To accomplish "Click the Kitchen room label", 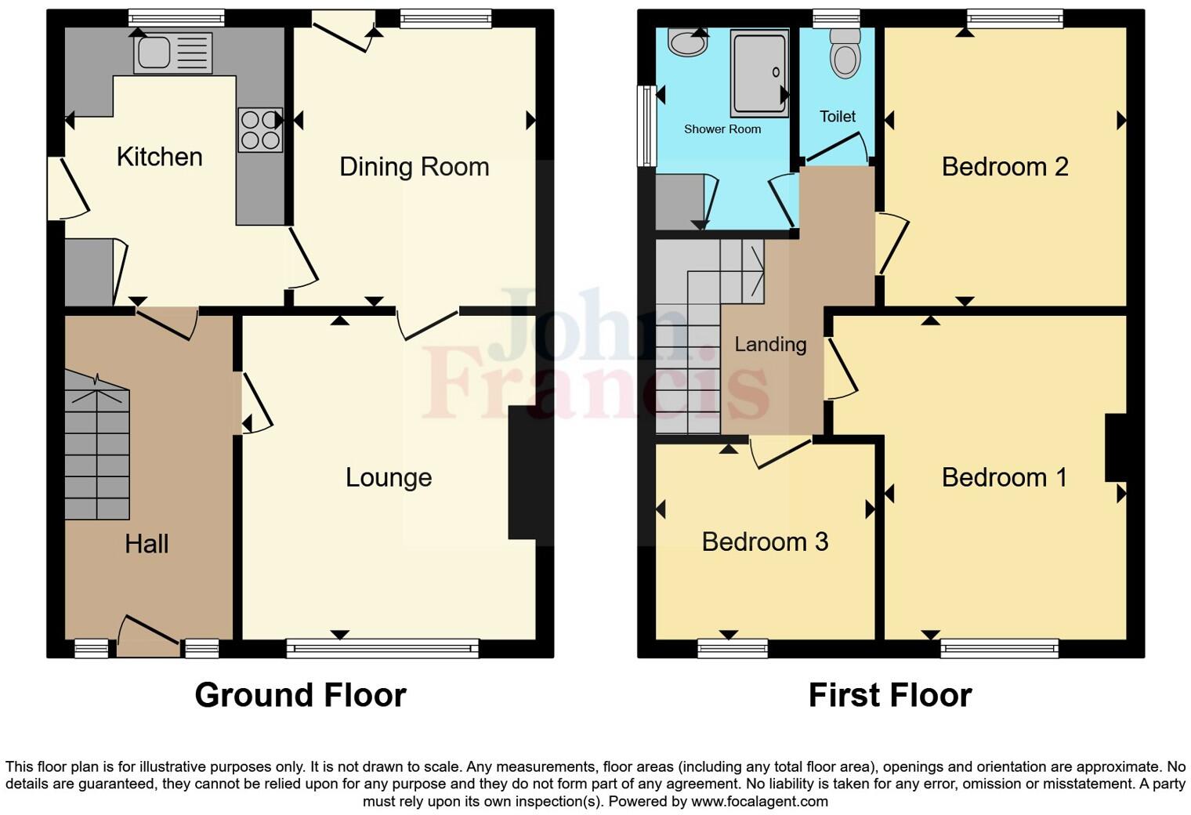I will pos(159,157).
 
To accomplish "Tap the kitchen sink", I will pos(172,53).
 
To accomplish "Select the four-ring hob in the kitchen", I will pos(260,130).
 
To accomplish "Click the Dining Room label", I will pos(414,167).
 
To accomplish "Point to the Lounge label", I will pos(389,477).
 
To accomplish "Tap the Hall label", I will pos(147,544).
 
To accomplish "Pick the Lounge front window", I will pos(382,648).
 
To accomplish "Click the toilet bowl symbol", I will pos(845,55).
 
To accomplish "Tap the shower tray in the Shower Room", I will pos(758,72).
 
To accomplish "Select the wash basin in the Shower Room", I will pos(687,42).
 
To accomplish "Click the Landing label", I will pos(770,344).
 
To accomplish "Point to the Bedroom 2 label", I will pos(1005,167).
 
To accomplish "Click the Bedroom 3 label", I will pos(765,542).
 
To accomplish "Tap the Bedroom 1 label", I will pos(1005,477).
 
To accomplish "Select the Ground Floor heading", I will pos(300,695).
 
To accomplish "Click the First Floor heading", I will pos(890,695).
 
